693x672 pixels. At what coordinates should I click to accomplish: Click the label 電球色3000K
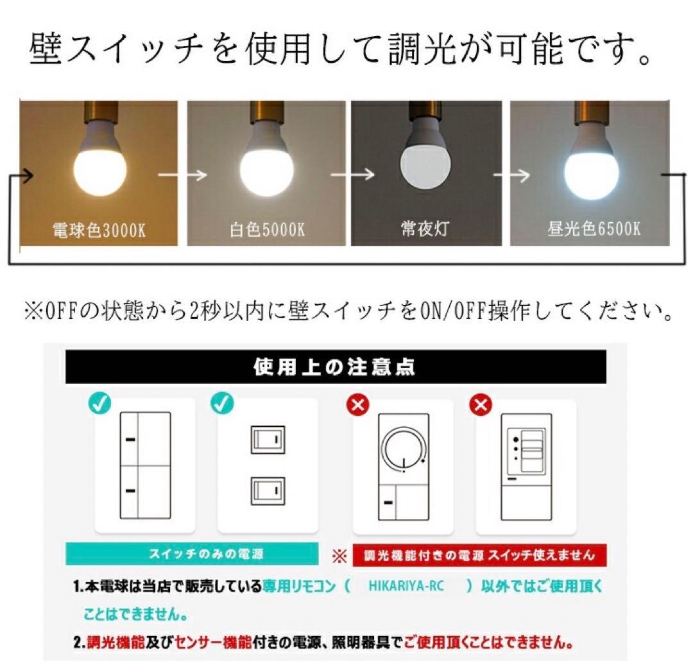point(99,230)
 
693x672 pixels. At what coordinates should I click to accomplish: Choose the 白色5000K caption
point(267,229)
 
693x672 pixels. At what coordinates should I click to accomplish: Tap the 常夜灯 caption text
point(425,228)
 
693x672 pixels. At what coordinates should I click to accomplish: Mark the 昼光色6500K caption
point(594,228)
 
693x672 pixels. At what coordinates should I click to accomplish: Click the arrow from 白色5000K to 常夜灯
point(352,175)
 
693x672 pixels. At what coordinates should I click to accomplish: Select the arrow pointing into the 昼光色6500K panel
point(511,175)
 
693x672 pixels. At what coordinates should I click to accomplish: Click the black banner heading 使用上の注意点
point(336,367)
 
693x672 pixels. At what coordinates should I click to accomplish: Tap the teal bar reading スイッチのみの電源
point(192,554)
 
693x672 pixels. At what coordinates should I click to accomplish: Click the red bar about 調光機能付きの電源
point(479,555)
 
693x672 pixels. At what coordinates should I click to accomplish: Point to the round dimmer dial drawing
point(404,450)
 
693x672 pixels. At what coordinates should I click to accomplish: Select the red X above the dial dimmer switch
point(358,405)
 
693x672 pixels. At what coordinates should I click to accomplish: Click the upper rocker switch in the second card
point(268,440)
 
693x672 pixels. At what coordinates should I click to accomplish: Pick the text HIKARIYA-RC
point(406,586)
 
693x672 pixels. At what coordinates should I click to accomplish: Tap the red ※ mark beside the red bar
point(339,556)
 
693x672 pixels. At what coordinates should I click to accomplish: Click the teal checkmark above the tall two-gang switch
point(100,403)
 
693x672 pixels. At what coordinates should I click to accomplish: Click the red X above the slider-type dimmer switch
point(481,405)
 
